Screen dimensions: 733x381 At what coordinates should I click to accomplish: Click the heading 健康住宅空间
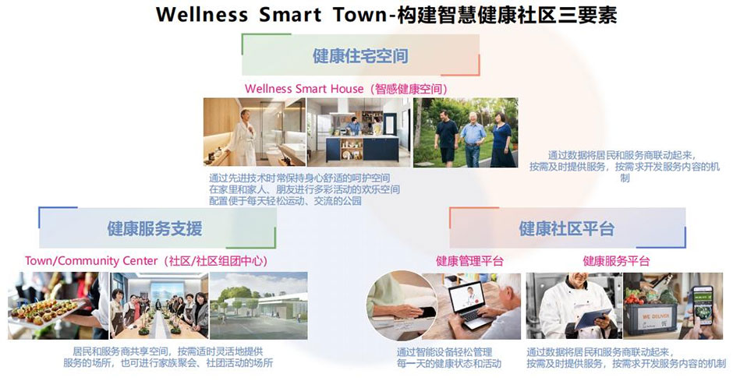click(x=360, y=55)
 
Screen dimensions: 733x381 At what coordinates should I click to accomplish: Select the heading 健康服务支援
click(x=154, y=228)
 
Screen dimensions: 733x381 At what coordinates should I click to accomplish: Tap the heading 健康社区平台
click(x=566, y=228)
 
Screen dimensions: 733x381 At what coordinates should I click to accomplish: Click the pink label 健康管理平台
click(x=469, y=260)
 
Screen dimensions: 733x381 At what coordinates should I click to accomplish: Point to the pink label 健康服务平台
click(x=616, y=260)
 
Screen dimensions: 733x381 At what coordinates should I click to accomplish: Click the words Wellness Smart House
click(x=304, y=88)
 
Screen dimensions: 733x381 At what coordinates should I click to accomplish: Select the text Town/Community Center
click(x=91, y=260)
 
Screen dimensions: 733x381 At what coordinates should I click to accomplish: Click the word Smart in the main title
click(x=290, y=14)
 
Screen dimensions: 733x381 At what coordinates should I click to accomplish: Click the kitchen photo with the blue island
click(x=359, y=132)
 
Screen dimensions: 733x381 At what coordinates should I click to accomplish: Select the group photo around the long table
click(x=159, y=306)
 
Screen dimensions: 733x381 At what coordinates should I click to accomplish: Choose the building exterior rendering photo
click(x=259, y=306)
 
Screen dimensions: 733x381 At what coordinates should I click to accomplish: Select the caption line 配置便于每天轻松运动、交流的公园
click(x=285, y=201)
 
